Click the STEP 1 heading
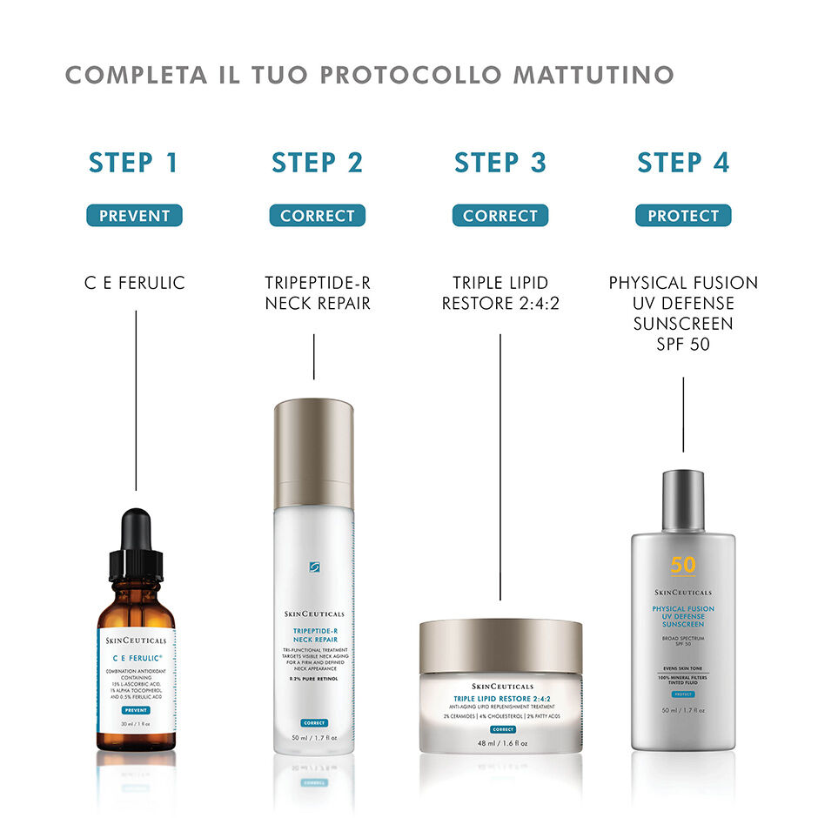134,163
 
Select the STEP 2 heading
317,163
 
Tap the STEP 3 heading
500,163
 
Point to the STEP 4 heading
683,163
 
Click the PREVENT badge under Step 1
134,216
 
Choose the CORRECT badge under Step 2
317,216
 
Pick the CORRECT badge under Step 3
500,216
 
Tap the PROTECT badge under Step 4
683,216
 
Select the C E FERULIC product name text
134,283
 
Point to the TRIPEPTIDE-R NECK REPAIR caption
317,293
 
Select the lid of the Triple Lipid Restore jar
500,646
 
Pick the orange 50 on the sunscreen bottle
683,565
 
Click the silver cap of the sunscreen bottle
683,499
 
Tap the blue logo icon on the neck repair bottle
314,567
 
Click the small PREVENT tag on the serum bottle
136,711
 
